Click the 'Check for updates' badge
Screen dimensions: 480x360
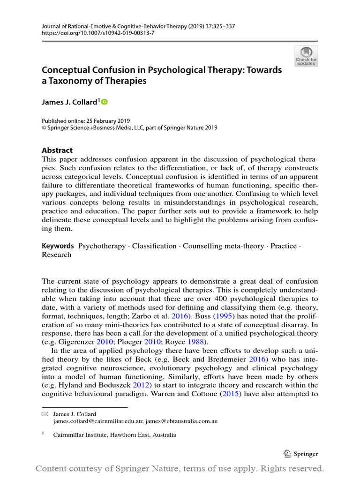(306, 56)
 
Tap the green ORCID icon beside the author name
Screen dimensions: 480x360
(104, 102)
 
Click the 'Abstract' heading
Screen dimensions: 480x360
(57, 150)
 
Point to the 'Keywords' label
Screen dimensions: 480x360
(58, 246)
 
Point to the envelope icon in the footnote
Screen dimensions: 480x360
(45, 414)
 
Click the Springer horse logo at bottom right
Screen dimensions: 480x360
(287, 453)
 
